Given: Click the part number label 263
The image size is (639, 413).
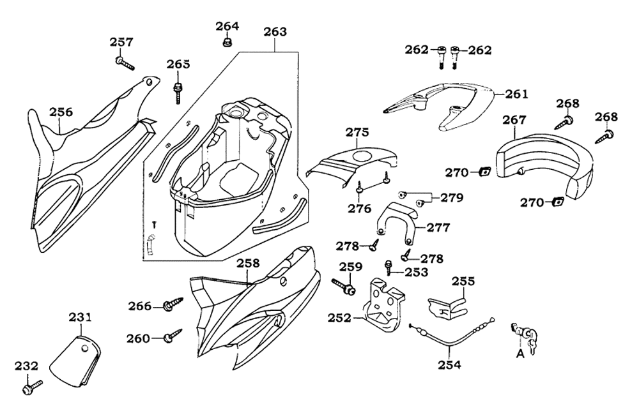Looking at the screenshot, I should (275, 31).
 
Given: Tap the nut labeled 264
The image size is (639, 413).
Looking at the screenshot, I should (226, 43).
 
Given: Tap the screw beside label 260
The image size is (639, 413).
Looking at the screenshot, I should (173, 335).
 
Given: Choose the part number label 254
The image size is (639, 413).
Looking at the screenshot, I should (450, 365).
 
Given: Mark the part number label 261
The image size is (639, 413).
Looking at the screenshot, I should (516, 94).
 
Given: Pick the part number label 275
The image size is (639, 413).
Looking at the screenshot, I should (358, 133).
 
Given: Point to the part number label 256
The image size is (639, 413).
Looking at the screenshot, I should (61, 112).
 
